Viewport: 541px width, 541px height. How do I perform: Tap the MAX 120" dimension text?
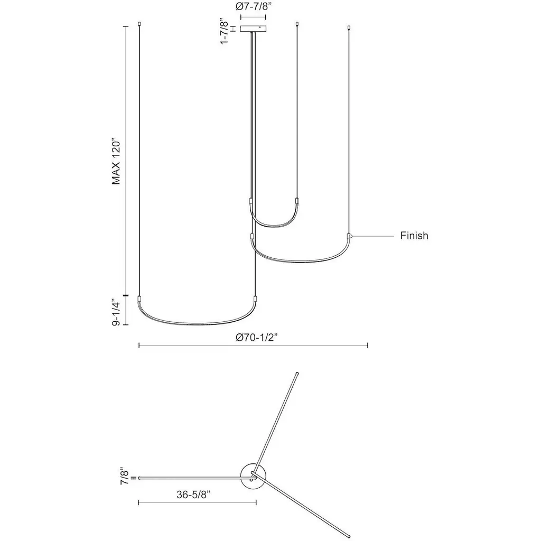116,162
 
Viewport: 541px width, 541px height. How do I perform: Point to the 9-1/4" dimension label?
116,314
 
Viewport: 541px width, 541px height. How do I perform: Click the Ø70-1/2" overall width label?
257,338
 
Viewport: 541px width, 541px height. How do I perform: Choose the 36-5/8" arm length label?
193,495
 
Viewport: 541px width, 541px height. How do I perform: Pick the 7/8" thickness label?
125,476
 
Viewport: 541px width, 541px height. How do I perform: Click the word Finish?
414,236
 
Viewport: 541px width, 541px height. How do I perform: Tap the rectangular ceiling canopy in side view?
253,29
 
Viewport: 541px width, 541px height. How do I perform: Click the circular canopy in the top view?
253,477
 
